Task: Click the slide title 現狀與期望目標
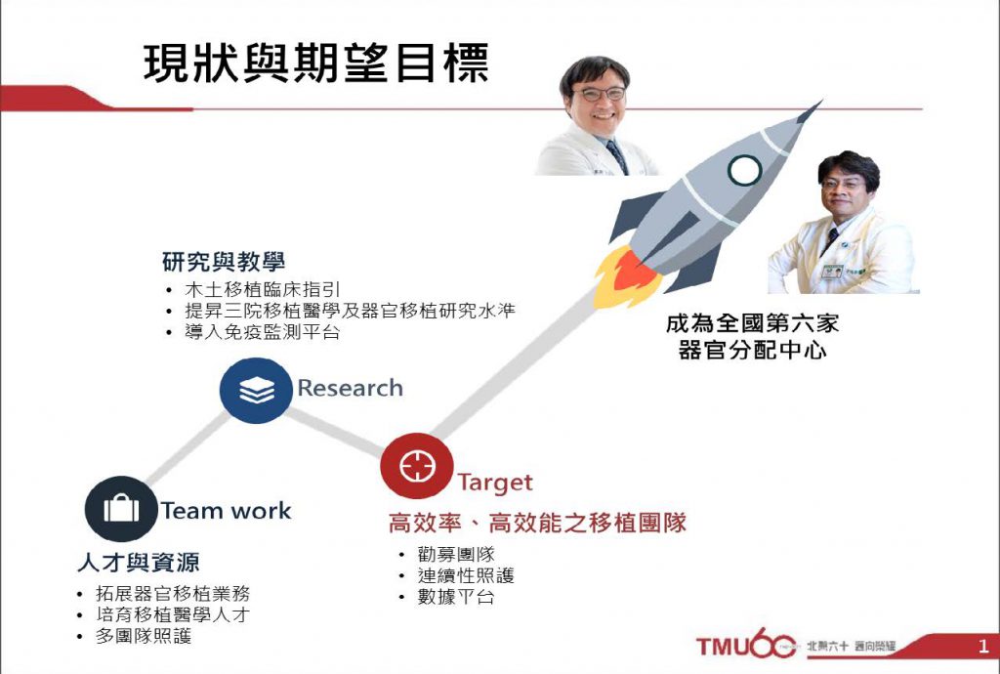(x=316, y=63)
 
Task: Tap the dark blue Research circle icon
(x=256, y=391)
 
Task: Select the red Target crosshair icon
(x=417, y=466)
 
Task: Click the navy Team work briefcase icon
(x=121, y=509)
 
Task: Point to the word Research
(x=351, y=388)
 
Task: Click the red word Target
(x=495, y=484)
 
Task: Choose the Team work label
(x=226, y=511)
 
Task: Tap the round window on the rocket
(x=745, y=170)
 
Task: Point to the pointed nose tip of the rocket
(x=821, y=100)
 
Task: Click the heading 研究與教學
(x=224, y=262)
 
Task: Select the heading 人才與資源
(x=139, y=563)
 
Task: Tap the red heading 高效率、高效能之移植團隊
(x=538, y=524)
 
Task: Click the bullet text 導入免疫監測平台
(x=262, y=332)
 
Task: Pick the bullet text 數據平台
(x=456, y=598)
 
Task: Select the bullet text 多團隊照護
(x=144, y=636)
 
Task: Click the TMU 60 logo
(x=746, y=644)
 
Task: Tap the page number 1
(x=982, y=647)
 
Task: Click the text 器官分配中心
(x=753, y=350)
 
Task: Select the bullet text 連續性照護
(x=466, y=575)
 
